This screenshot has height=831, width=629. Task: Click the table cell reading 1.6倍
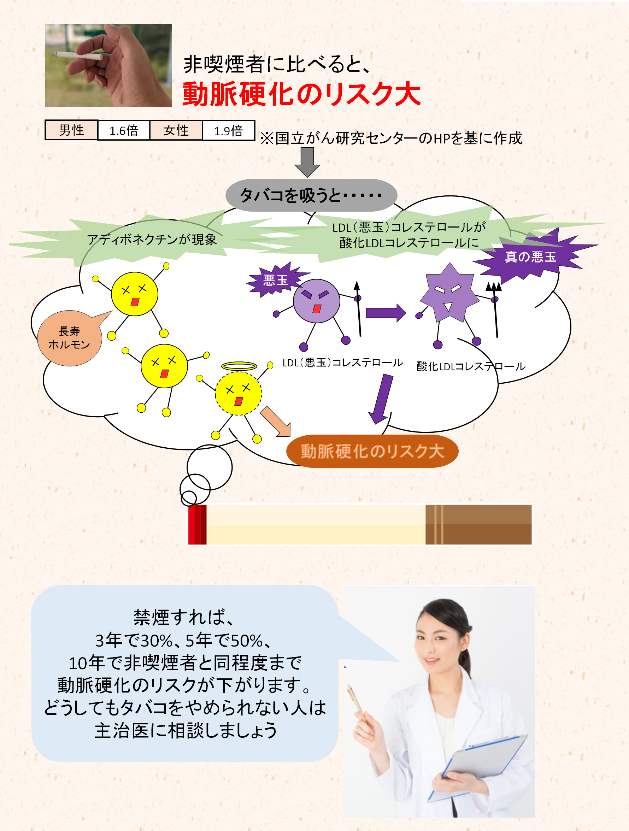click(124, 130)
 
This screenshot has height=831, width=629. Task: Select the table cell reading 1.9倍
click(228, 130)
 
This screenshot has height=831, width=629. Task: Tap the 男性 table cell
click(71, 130)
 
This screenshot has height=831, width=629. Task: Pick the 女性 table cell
click(176, 130)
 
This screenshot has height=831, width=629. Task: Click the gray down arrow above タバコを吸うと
click(307, 161)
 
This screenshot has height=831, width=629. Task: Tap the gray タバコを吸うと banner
click(311, 195)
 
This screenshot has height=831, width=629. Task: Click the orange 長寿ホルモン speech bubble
click(70, 338)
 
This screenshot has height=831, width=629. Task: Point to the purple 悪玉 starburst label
click(275, 280)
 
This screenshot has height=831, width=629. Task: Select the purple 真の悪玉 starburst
click(530, 257)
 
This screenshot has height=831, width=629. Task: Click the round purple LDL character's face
click(316, 301)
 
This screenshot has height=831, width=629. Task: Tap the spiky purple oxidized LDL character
click(449, 293)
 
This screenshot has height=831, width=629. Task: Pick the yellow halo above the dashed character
click(239, 366)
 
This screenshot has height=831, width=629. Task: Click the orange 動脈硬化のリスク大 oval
click(372, 451)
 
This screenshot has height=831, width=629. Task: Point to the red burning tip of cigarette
click(197, 524)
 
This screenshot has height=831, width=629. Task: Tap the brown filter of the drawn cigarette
click(478, 524)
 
